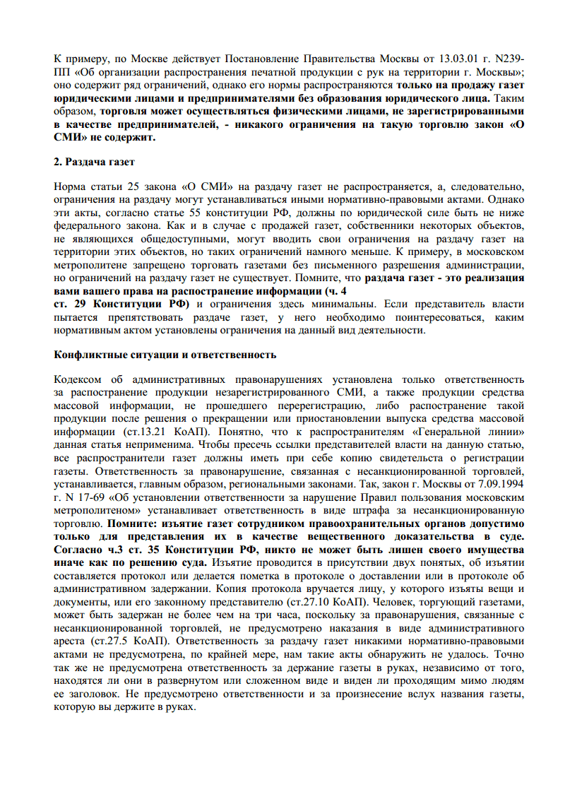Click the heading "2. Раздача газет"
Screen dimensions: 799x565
pos(94,163)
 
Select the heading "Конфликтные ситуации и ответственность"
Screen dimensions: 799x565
pos(165,354)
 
